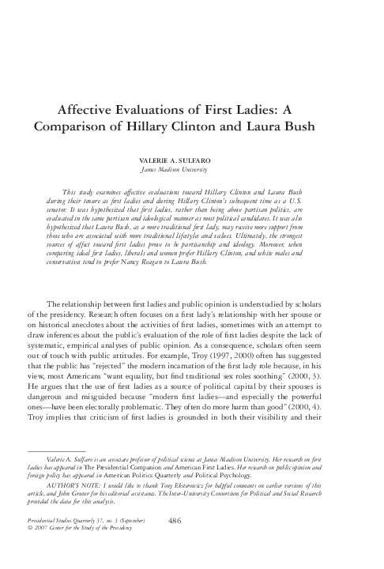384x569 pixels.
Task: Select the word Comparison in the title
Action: (70, 127)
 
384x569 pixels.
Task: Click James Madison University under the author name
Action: (191, 168)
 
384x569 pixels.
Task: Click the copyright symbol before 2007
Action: (29, 551)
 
